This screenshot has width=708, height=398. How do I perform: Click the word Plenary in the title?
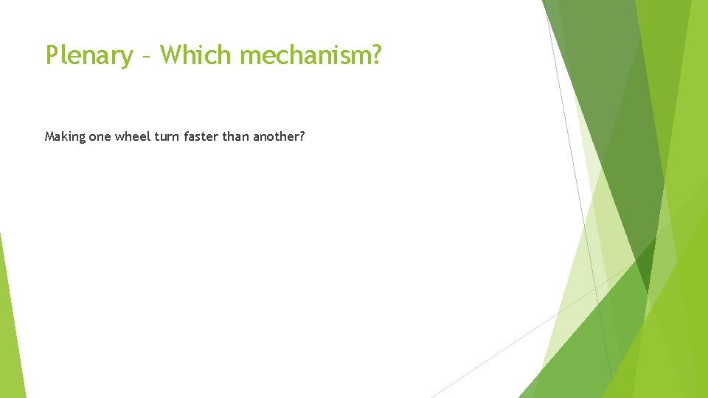coord(89,55)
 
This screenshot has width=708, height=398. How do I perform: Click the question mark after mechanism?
coord(376,55)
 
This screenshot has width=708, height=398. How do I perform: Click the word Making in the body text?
coord(65,136)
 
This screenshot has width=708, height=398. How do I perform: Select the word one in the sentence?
coord(100,136)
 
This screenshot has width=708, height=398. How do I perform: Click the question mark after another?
coord(302,136)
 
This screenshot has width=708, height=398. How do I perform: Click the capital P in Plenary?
coord(52,55)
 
